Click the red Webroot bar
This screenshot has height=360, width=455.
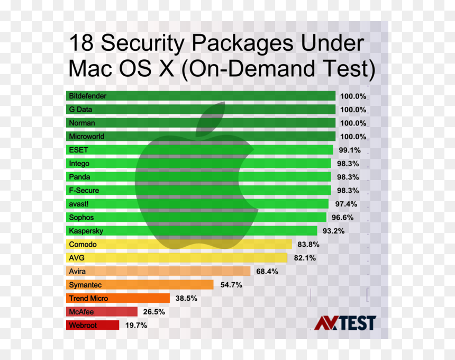pyautogui.click(x=93, y=325)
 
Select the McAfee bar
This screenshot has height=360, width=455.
pyautogui.click(x=102, y=311)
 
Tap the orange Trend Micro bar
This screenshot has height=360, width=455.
pyautogui.click(x=118, y=298)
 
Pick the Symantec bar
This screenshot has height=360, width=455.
pyautogui.click(x=140, y=284)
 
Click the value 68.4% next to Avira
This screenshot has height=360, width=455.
pyautogui.click(x=267, y=272)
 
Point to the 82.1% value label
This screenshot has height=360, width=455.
pyautogui.click(x=305, y=258)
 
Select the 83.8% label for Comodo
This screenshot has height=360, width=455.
pyautogui.click(x=308, y=245)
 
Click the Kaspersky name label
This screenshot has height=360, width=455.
pyautogui.click(x=86, y=231)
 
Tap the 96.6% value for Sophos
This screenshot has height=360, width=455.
pyautogui.click(x=342, y=218)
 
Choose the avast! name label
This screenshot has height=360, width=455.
pyautogui.click(x=79, y=204)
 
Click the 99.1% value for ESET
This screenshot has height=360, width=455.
pyautogui.click(x=350, y=150)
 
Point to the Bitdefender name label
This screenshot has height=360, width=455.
pyautogui.click(x=88, y=96)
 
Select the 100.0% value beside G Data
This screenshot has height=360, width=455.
pyautogui.click(x=353, y=110)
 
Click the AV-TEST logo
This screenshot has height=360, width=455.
pyautogui.click(x=345, y=323)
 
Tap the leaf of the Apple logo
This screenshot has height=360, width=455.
pyautogui.click(x=210, y=119)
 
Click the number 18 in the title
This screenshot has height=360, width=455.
pyautogui.click(x=81, y=43)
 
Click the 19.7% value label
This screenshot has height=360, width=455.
pyautogui.click(x=136, y=325)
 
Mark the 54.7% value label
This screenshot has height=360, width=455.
pyautogui.click(x=231, y=285)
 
